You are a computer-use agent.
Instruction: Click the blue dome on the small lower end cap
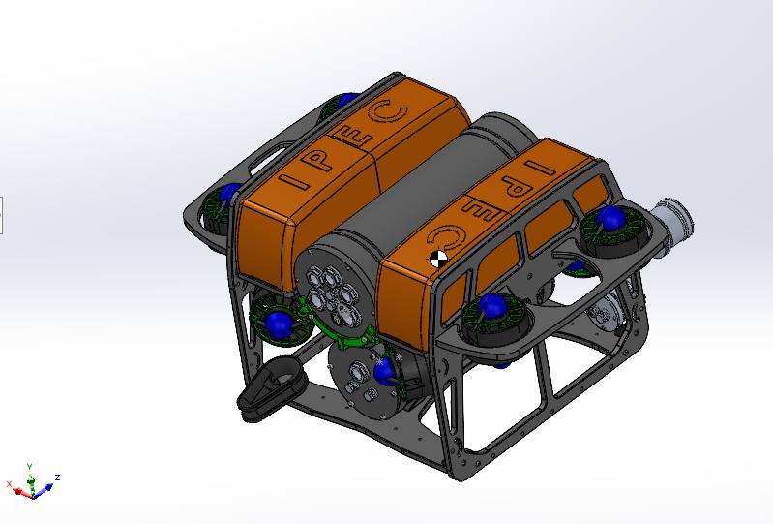[384, 372]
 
